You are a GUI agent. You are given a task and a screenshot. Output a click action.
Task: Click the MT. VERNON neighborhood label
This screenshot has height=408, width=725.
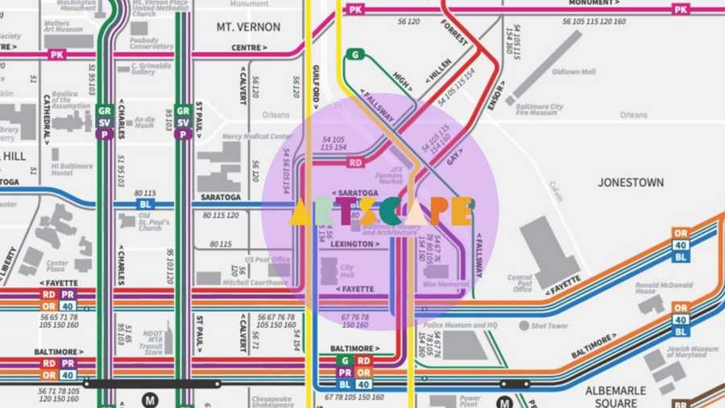tap(248, 27)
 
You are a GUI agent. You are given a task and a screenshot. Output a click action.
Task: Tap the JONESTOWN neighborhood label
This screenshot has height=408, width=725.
tap(631, 183)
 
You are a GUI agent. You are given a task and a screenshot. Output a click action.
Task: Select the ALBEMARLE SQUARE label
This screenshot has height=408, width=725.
tap(615, 396)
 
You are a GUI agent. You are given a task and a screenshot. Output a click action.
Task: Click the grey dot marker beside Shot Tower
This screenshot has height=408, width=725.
tap(523, 326)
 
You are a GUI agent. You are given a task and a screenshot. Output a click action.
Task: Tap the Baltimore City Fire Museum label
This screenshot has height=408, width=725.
tap(539, 110)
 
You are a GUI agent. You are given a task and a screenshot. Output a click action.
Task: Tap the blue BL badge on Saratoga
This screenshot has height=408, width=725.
tap(145, 205)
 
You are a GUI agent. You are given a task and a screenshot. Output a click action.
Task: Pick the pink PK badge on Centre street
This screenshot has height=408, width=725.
tap(56, 55)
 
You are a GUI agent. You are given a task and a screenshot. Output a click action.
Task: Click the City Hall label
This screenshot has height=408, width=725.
tap(347, 271)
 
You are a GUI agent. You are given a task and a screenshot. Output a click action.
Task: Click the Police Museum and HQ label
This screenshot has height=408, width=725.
tap(460, 325)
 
